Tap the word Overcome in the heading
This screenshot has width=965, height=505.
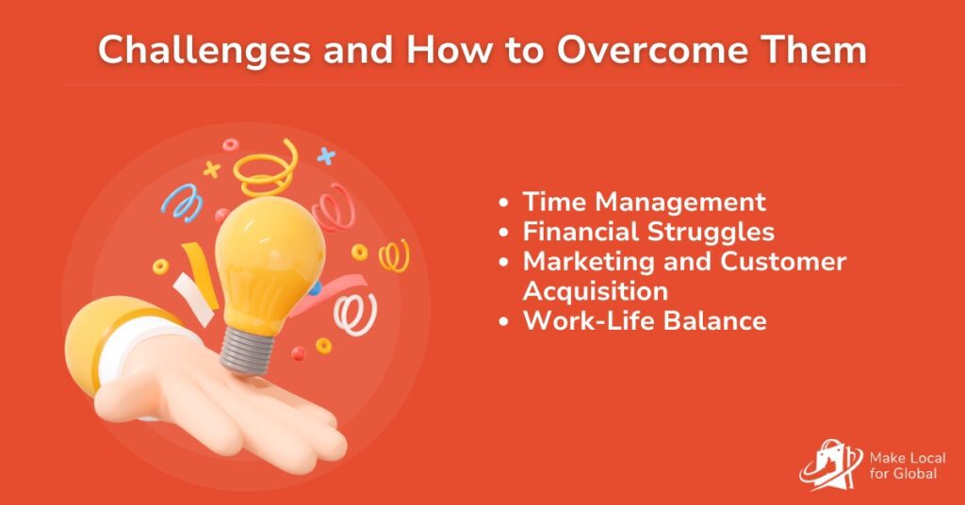pos(652,49)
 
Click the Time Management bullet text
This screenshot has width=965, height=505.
pos(645,203)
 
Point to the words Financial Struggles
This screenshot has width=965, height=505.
pos(648,233)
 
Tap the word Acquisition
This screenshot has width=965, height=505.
pos(596,291)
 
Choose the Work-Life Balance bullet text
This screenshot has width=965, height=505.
pos(645,320)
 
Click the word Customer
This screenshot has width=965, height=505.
pos(783,261)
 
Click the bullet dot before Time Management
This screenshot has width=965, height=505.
pos(504,203)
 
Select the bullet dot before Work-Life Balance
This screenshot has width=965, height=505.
pos(504,321)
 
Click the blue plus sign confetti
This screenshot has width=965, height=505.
pos(326,156)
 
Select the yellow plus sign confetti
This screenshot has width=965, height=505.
pos(212,170)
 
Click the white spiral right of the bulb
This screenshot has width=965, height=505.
pos(355,314)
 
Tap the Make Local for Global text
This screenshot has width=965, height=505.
pos(908,465)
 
